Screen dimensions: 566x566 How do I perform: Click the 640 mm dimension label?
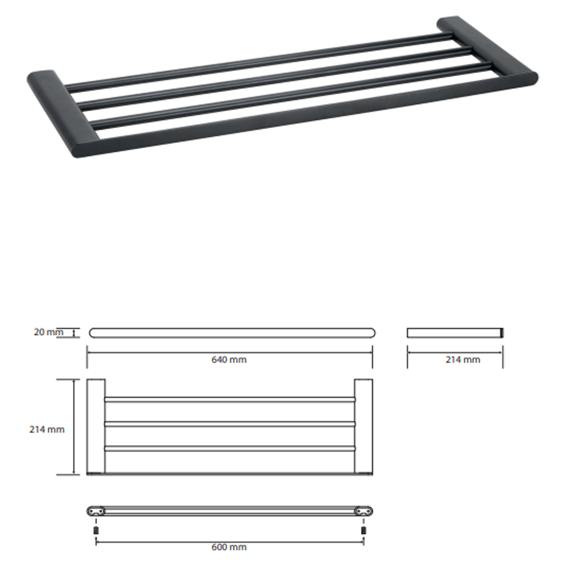tap(229, 359)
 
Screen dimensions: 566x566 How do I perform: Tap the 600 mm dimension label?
tap(229, 547)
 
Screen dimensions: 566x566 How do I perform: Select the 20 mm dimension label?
tap(48, 332)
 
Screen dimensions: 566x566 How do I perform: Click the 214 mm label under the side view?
tap(463, 359)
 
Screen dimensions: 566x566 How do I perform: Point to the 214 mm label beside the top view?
tap(47, 430)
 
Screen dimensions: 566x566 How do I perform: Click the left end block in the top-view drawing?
tap(96, 427)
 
